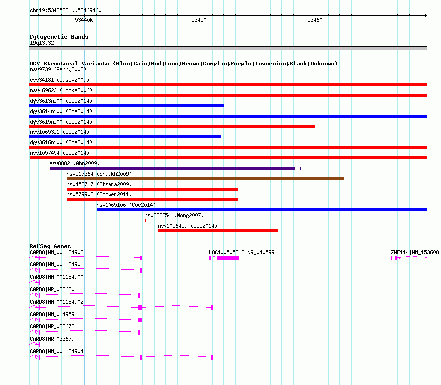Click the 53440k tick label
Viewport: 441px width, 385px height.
(84, 20)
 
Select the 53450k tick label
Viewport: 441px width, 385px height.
(200, 20)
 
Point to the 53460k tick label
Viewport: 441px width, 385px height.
(316, 20)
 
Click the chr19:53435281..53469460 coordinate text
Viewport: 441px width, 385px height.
(65, 11)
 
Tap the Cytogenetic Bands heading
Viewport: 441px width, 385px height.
(59, 37)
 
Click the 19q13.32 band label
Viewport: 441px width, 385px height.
(42, 43)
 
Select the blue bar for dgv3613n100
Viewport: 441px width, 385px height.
(127, 106)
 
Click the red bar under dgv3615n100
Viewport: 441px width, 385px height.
(172, 127)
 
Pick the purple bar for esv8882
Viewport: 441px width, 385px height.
(172, 168)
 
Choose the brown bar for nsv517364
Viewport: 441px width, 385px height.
(206, 179)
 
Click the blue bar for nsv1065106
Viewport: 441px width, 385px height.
(262, 210)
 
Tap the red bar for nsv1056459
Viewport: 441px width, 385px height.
(218, 231)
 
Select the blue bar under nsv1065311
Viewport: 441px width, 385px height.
(125, 137)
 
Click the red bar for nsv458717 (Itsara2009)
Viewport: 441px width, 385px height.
(153, 189)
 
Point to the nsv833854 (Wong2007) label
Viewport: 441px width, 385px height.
(174, 215)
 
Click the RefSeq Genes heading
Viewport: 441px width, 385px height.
(50, 246)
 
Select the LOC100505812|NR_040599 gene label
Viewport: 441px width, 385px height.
(241, 252)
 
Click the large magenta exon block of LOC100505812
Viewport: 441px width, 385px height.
(228, 258)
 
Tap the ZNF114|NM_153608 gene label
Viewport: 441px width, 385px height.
(415, 252)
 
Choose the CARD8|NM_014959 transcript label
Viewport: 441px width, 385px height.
(53, 314)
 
